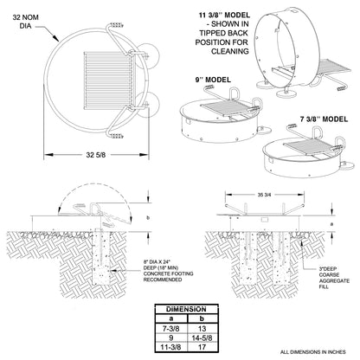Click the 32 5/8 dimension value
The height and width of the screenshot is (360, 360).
click(x=96, y=155)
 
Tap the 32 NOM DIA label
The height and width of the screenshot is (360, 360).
click(x=25, y=22)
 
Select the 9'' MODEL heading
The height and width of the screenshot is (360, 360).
click(x=213, y=80)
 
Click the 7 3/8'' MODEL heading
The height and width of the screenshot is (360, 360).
click(x=324, y=119)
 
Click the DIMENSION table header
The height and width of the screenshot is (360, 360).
click(x=186, y=309)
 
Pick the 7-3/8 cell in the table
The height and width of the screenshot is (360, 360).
click(x=171, y=328)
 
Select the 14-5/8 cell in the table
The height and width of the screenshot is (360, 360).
click(x=202, y=337)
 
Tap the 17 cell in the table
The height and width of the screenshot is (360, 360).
click(x=202, y=347)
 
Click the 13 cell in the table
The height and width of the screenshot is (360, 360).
click(x=202, y=328)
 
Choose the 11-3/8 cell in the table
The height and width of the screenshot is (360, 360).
click(x=171, y=347)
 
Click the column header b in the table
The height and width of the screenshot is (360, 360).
click(x=202, y=318)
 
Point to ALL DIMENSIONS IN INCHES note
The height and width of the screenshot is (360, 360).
click(x=312, y=352)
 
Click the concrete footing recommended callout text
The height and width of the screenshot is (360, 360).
click(x=168, y=271)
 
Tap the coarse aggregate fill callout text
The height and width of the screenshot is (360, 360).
click(x=334, y=278)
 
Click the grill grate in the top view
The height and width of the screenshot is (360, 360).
click(x=109, y=80)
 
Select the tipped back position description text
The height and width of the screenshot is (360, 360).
click(x=222, y=38)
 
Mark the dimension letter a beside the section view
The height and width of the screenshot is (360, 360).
click(x=331, y=223)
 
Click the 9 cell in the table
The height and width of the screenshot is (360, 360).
click(x=171, y=337)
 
